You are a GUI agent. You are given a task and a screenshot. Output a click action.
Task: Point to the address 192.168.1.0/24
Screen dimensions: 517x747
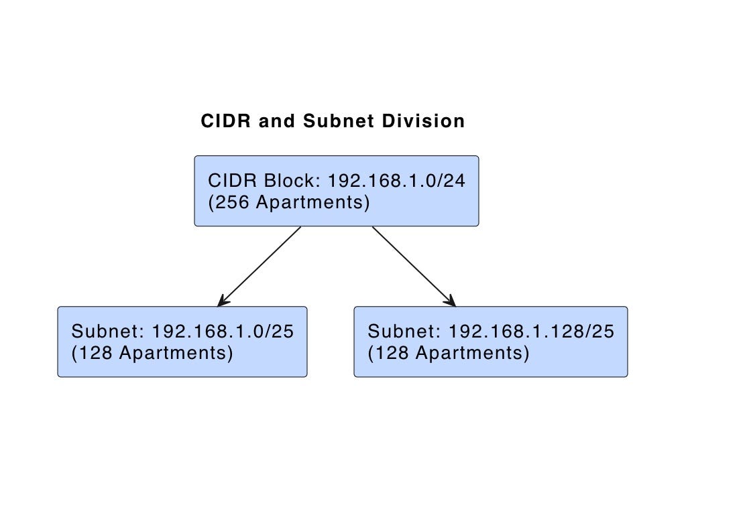pyautogui.click(x=396, y=181)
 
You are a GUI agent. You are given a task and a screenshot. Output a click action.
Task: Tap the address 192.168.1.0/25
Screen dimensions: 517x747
pyautogui.click(x=223, y=331)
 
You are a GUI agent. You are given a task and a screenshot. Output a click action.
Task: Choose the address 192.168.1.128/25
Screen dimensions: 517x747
pyautogui.click(x=531, y=331)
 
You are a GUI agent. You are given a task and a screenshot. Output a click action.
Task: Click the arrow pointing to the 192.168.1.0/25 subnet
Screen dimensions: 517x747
pyautogui.click(x=260, y=266)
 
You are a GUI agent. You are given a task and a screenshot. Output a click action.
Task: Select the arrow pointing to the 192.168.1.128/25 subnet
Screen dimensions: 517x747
pyautogui.click(x=413, y=266)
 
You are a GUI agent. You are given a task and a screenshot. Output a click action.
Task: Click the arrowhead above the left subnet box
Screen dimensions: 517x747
pyautogui.click(x=223, y=301)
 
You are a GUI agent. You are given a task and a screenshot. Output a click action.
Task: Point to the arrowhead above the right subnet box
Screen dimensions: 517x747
pyautogui.click(x=450, y=301)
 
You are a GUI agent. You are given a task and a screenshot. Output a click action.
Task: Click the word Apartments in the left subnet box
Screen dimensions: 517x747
pyautogui.click(x=176, y=353)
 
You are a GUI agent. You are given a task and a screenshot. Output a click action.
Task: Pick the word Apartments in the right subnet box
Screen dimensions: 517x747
pyautogui.click(x=472, y=353)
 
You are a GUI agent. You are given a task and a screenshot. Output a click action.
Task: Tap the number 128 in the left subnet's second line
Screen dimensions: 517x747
pyautogui.click(x=96, y=353)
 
